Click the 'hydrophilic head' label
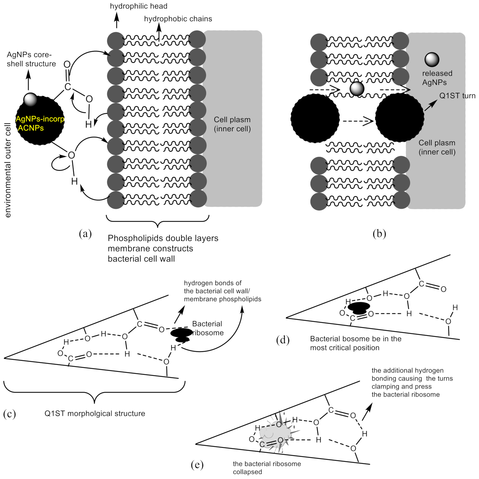(x=139, y=6)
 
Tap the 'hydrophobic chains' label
(x=178, y=19)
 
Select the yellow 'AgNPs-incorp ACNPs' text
(x=40, y=124)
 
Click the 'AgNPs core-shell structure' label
(x=31, y=59)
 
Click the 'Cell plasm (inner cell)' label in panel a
(x=232, y=124)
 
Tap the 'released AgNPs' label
(x=437, y=78)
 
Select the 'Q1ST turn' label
(x=457, y=96)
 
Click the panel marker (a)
(x=85, y=234)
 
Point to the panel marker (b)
(x=379, y=234)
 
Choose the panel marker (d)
(x=282, y=340)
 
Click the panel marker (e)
(x=197, y=465)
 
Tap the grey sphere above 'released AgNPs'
(x=432, y=59)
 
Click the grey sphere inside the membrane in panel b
(x=357, y=89)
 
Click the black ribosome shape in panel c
(x=182, y=334)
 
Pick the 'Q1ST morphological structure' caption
(x=95, y=413)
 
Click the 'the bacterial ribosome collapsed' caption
(x=266, y=468)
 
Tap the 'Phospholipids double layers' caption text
(x=163, y=238)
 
